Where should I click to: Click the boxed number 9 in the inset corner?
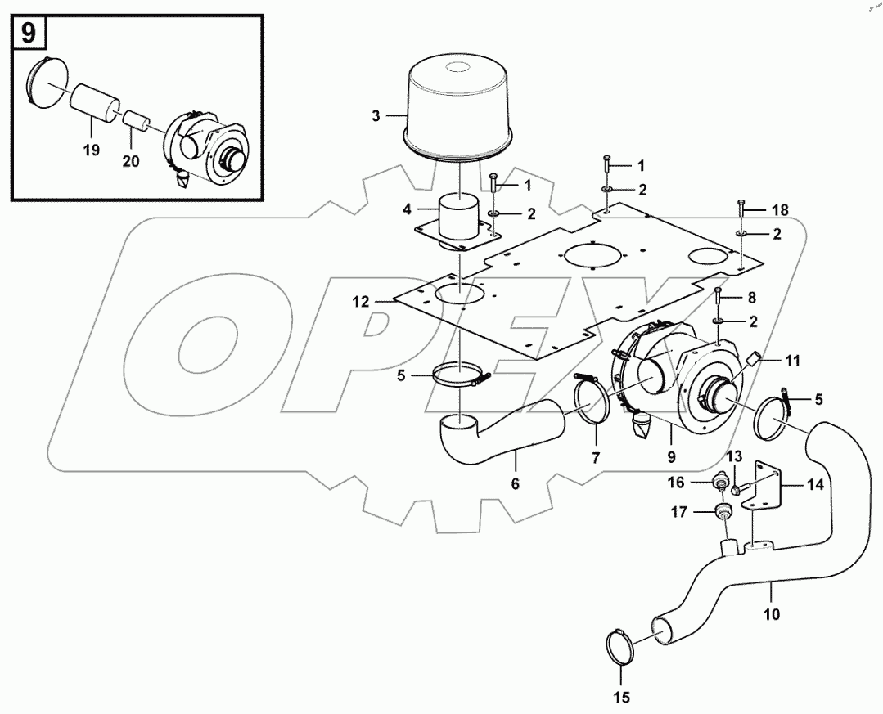(28, 33)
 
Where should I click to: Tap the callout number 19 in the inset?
(90, 150)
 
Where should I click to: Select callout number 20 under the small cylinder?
(130, 160)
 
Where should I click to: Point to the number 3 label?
(376, 115)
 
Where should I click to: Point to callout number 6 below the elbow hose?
(515, 484)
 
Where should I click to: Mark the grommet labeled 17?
(723, 513)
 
